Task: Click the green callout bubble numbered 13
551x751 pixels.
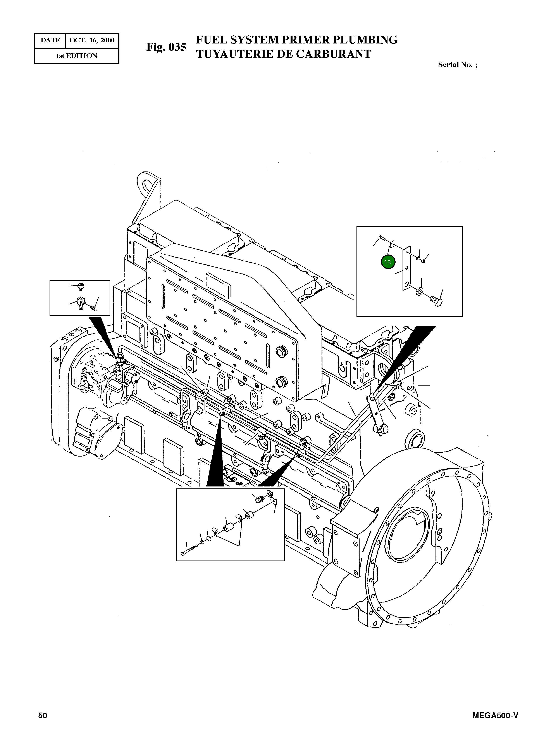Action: pos(387,262)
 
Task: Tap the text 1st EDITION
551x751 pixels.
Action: pos(76,56)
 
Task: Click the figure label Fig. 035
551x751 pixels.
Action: pos(166,47)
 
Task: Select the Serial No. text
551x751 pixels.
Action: pos(457,65)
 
